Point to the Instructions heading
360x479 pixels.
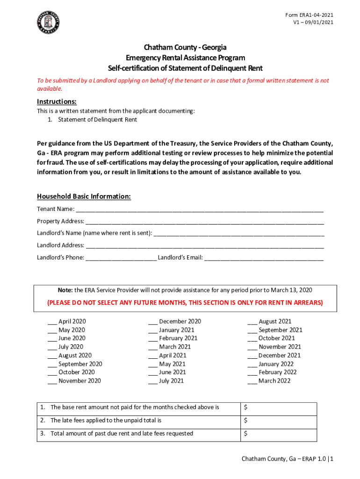tap(57, 102)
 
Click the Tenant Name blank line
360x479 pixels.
tap(199, 209)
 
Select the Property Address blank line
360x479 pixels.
tap(204, 221)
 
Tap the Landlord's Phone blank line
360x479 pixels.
tap(121, 258)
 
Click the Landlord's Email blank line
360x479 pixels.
tap(264, 258)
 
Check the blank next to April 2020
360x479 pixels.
tap(52, 322)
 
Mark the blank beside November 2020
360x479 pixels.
tap(52, 381)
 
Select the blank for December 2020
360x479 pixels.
tap(153, 322)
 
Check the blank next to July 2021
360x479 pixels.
tap(153, 381)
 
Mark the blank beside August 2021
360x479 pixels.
tap(252, 322)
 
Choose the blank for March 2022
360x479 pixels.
tap(252, 381)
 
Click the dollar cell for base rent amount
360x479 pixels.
tap(278, 407)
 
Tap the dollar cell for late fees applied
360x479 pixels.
tap(278, 421)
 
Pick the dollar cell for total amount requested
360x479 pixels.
tap(278, 434)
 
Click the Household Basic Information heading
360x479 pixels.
tap(84, 196)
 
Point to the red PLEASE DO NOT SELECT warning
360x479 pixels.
tap(185, 303)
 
